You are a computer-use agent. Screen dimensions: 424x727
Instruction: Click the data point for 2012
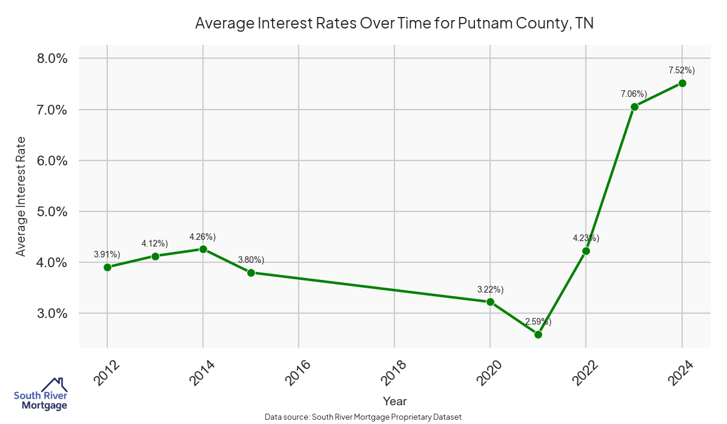pos(107,267)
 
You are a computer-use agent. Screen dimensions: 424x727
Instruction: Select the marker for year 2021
pos(538,334)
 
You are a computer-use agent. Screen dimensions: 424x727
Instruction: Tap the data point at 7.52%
pos(682,83)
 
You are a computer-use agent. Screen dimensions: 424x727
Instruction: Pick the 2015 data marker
pos(251,273)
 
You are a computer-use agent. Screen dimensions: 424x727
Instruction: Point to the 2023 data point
pos(634,107)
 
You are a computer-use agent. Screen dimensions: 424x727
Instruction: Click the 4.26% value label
pos(202,236)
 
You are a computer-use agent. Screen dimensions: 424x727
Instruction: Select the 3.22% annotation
pos(490,289)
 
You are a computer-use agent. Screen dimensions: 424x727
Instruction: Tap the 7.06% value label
pos(634,94)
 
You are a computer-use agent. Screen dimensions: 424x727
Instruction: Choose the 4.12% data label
pos(154,243)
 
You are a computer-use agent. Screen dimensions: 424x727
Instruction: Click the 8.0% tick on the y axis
pos(51,59)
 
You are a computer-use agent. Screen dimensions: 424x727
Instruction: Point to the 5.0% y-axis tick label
pos(51,212)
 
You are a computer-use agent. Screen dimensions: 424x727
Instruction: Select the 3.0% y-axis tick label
pos(51,314)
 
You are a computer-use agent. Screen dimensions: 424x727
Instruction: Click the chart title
pos(394,24)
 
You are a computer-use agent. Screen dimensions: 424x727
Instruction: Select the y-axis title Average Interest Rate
pos(21,196)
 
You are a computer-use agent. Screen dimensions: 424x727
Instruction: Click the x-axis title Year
pos(394,401)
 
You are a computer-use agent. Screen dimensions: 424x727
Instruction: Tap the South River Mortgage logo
pos(41,394)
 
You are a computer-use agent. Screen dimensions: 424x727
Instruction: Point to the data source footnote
pos(363,417)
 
